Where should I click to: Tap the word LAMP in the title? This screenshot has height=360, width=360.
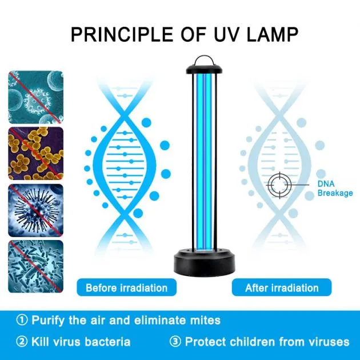pos(271,34)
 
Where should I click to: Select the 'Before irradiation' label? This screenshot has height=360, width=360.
pos(126,287)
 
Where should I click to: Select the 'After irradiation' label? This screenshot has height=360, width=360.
pos(281,287)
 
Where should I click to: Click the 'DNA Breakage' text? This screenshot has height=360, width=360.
pos(335,189)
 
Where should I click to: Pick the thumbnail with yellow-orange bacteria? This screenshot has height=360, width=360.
pos(35,153)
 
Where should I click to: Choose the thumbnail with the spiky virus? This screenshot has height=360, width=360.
pos(35,210)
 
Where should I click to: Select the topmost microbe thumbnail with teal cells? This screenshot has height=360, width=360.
pos(35,97)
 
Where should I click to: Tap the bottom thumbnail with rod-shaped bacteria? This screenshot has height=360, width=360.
pos(35,266)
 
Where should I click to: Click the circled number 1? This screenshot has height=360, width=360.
pos(22,321)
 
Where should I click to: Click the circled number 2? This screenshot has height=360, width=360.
pos(22,342)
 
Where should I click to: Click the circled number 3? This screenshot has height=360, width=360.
pos(175,342)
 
